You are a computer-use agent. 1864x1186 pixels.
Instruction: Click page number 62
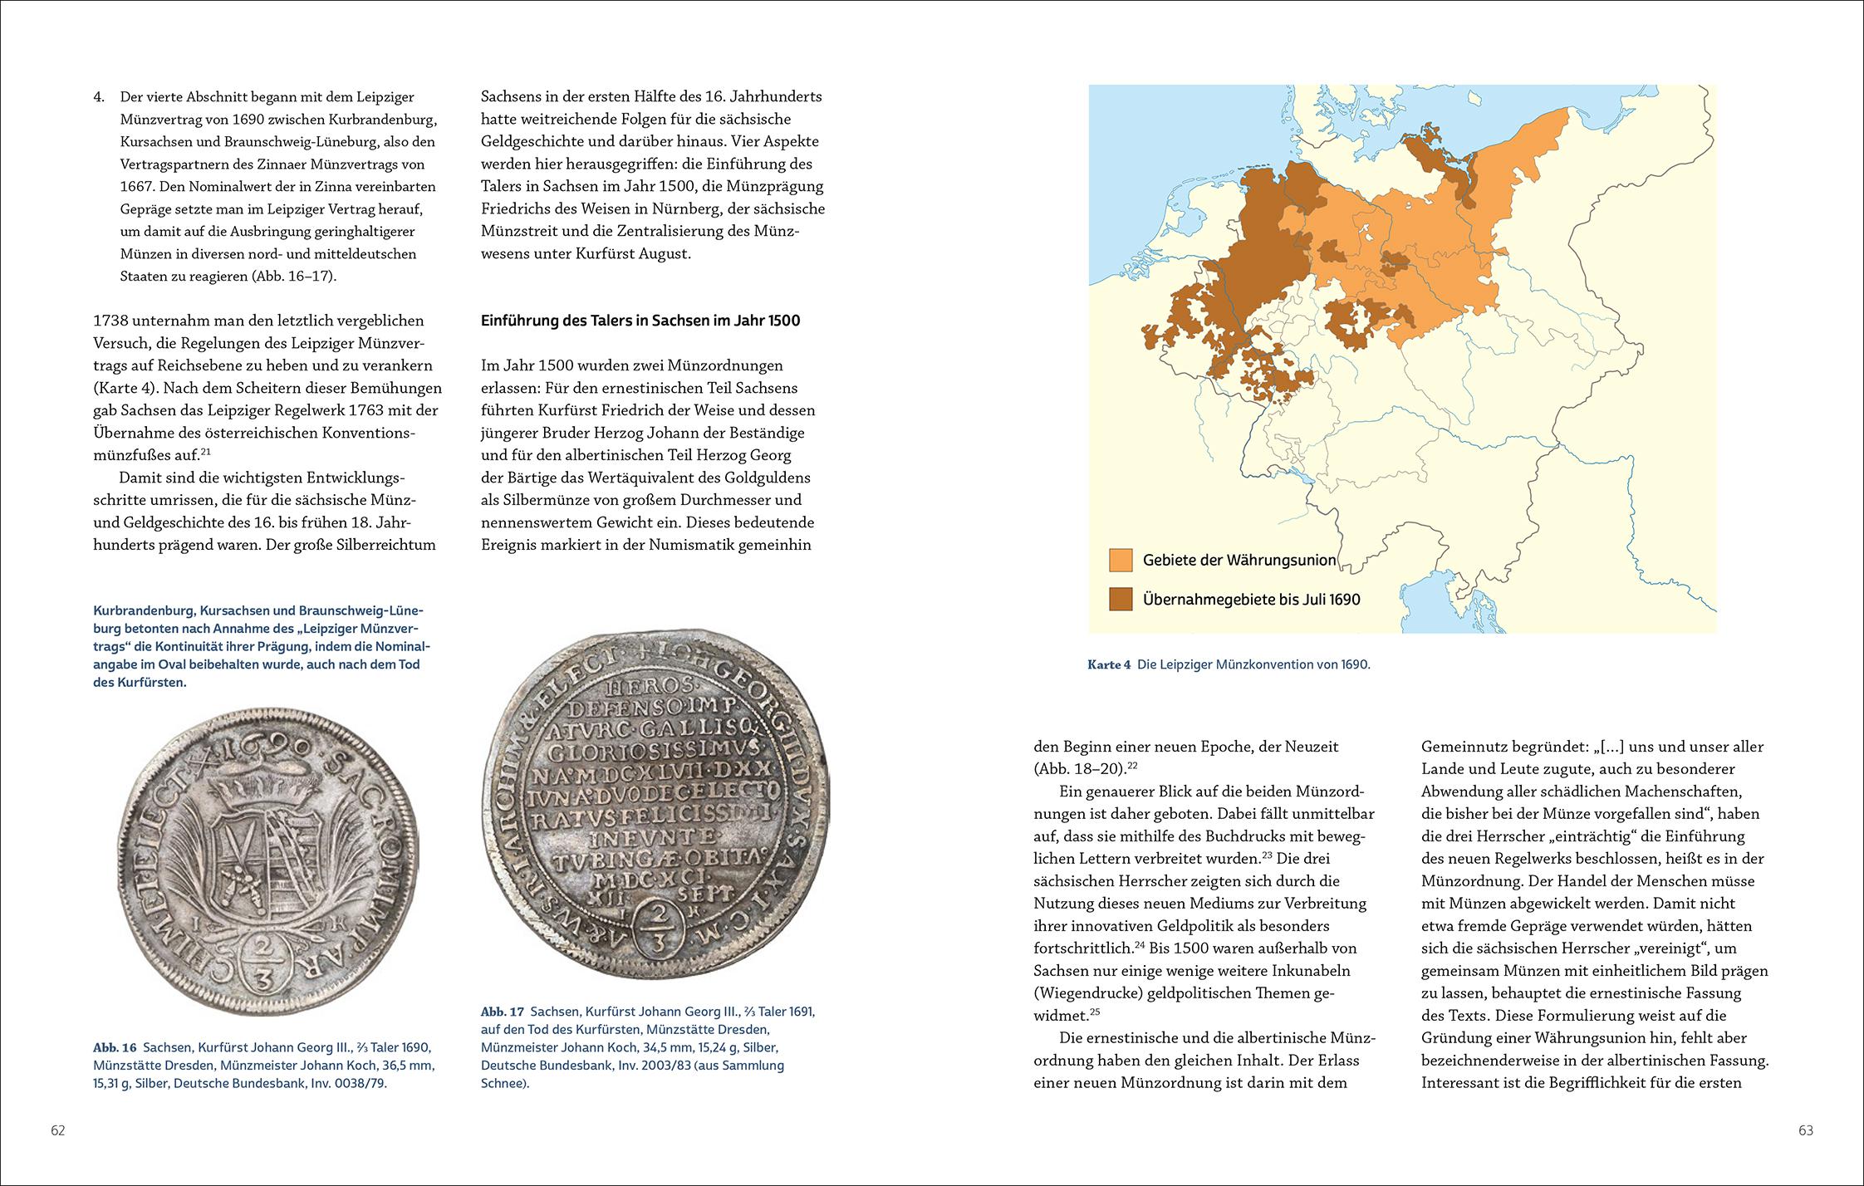click(57, 1130)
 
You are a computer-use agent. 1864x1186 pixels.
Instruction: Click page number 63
click(1805, 1130)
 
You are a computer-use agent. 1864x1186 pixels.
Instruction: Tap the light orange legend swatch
click(1121, 560)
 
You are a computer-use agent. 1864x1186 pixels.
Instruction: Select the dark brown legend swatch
click(1121, 599)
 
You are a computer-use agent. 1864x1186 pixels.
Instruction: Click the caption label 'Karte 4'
click(1108, 665)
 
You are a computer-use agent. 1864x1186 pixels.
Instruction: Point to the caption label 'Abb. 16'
click(115, 1047)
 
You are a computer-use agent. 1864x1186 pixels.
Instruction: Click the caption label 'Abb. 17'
click(503, 1012)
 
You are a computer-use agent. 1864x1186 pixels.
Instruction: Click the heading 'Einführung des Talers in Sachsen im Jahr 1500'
click(640, 321)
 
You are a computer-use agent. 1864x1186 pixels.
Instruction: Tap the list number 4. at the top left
click(99, 97)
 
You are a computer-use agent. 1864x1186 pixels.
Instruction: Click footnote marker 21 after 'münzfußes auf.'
click(207, 451)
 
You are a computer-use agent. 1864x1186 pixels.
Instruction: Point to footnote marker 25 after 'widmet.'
click(1094, 1012)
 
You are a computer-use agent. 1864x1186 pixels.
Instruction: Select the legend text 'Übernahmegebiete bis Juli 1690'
click(1251, 599)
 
